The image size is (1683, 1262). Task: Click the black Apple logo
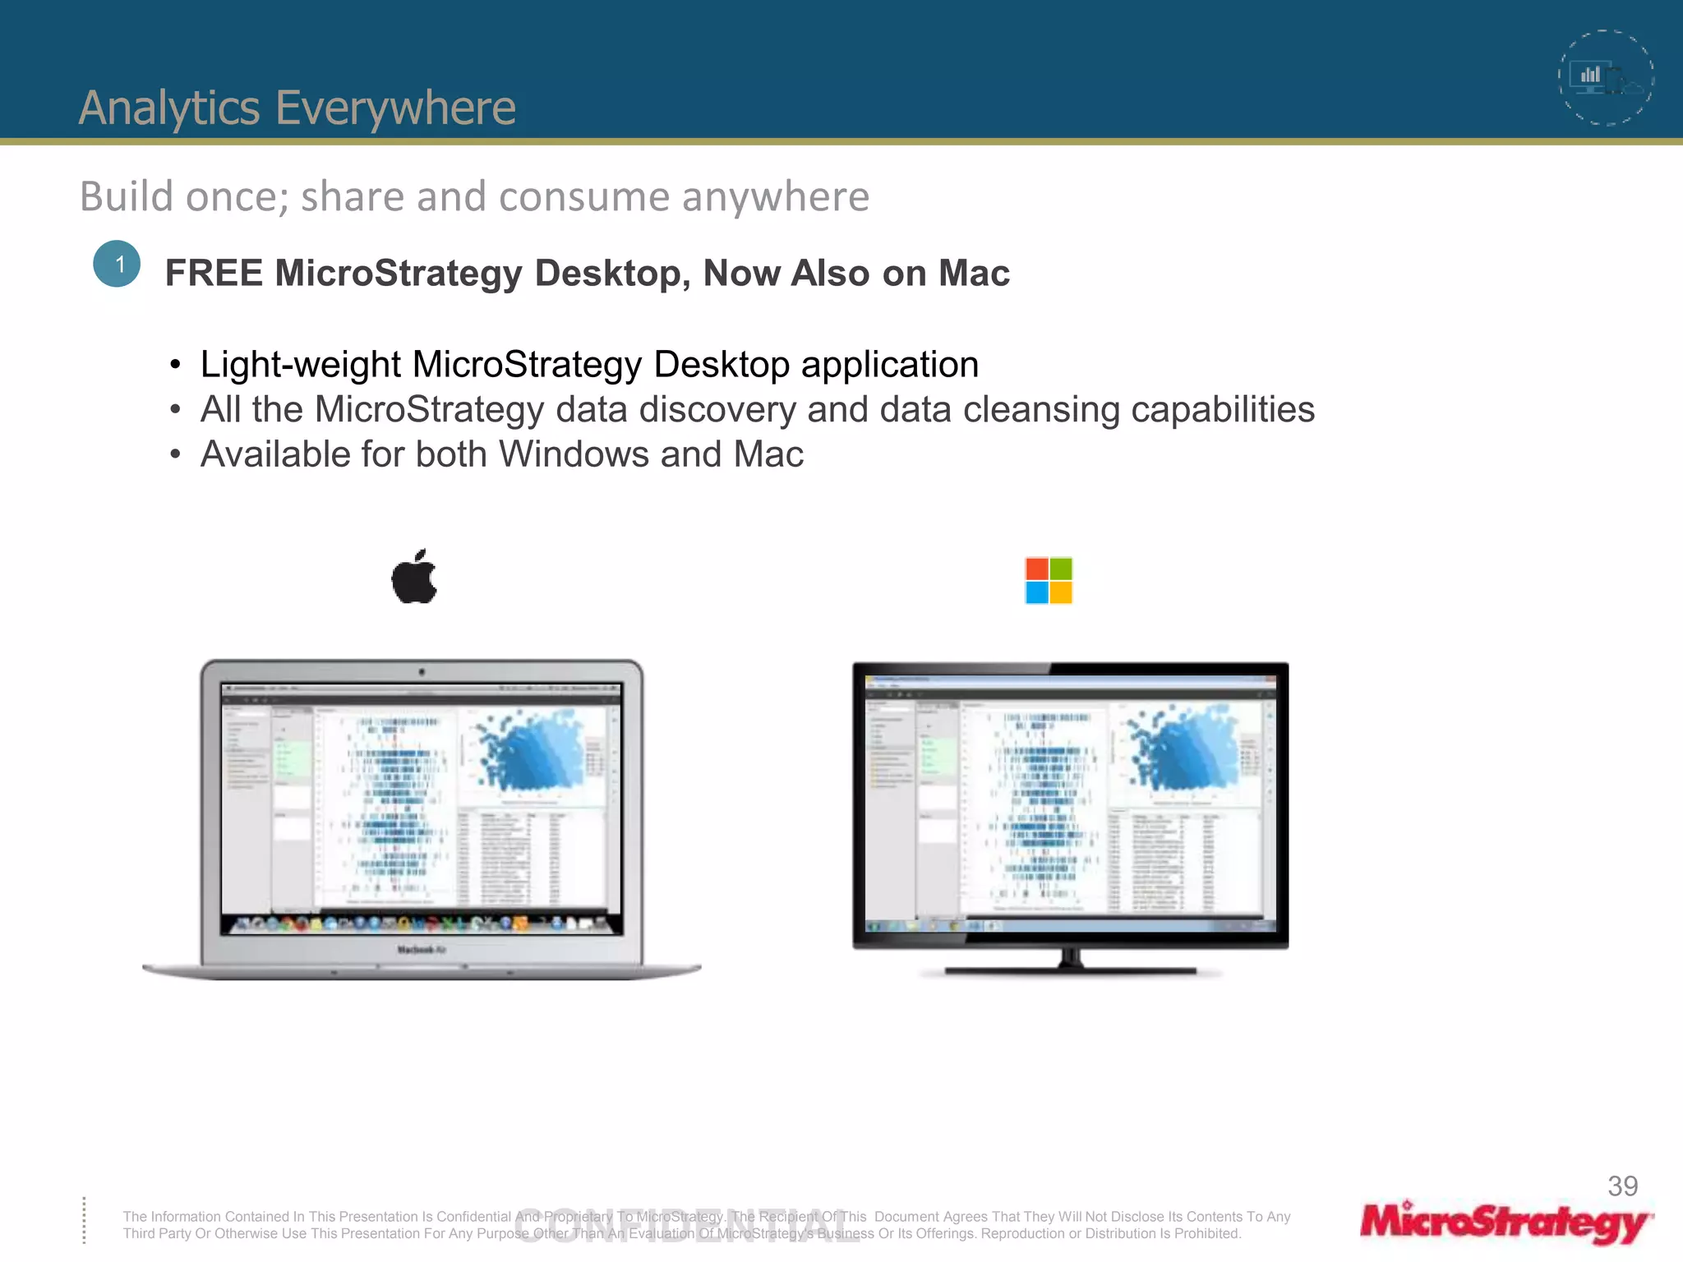[414, 578]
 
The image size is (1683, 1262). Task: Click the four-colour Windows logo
[1049, 580]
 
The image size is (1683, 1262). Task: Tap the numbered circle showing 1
[118, 264]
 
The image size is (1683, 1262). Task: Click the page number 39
[1622, 1186]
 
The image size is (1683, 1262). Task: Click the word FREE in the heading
[214, 273]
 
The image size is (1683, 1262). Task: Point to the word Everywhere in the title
[395, 108]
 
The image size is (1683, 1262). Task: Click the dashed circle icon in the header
[1606, 78]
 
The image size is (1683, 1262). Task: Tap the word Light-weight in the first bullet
[301, 364]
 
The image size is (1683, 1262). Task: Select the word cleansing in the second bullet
[1041, 409]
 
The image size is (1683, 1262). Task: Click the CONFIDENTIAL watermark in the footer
[687, 1226]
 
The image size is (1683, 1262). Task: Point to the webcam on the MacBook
[422, 672]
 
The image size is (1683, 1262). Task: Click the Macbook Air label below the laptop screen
[422, 950]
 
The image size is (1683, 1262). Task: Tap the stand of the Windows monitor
[1070, 961]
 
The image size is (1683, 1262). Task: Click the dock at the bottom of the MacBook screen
[422, 923]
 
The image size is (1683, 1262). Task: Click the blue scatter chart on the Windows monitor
[1183, 748]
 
